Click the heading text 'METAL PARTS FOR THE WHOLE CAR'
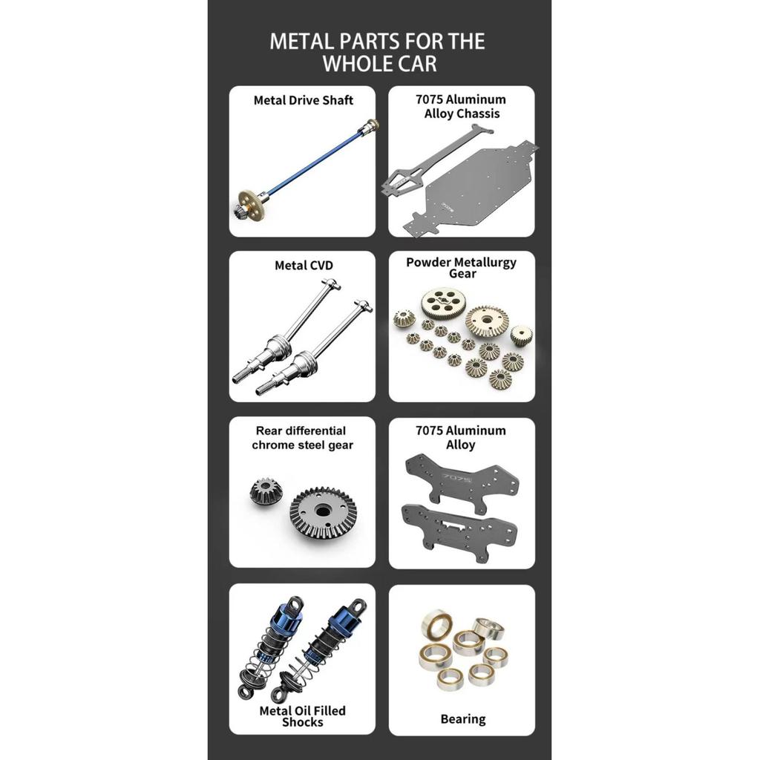378,53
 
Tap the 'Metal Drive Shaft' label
304,100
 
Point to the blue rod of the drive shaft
314,160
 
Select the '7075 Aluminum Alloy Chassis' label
462,106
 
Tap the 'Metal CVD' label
304,266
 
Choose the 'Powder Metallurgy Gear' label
462,267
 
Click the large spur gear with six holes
440,304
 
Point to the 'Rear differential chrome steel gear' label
303,438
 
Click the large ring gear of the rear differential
323,514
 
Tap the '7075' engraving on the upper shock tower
457,479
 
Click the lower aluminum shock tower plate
459,532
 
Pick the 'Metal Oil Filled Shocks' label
303,716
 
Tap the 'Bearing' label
463,718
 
